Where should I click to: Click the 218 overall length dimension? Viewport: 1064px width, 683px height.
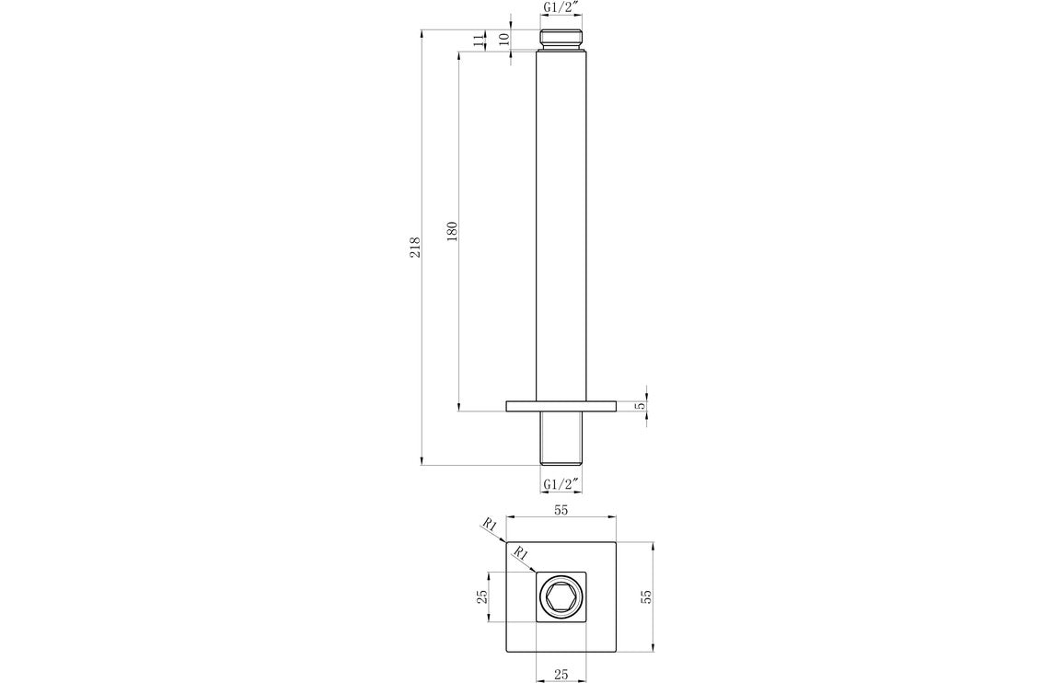tap(415, 247)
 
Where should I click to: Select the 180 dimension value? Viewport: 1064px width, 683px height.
tap(452, 231)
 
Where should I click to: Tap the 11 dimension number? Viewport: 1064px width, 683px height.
tap(477, 40)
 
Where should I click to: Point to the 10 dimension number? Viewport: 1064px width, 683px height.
tap(503, 40)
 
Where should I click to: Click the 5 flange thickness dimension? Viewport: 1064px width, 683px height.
tap(642, 405)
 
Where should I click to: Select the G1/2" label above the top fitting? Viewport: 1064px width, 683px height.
tap(560, 8)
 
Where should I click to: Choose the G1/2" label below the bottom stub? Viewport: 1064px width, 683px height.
tap(560, 484)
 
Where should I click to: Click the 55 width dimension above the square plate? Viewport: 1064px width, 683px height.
tap(561, 509)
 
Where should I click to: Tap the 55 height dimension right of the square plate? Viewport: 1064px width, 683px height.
tap(646, 596)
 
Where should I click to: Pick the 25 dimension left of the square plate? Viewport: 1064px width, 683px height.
tap(481, 596)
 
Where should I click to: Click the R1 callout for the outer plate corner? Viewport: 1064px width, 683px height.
tap(490, 526)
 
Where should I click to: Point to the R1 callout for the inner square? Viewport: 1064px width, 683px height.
tap(521, 553)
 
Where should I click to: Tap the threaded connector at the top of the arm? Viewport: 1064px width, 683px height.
tap(560, 39)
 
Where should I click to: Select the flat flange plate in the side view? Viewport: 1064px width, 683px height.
tap(561, 405)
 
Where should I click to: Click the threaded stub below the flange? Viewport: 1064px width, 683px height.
tap(561, 438)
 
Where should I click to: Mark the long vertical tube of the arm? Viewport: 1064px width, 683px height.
tap(561, 230)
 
